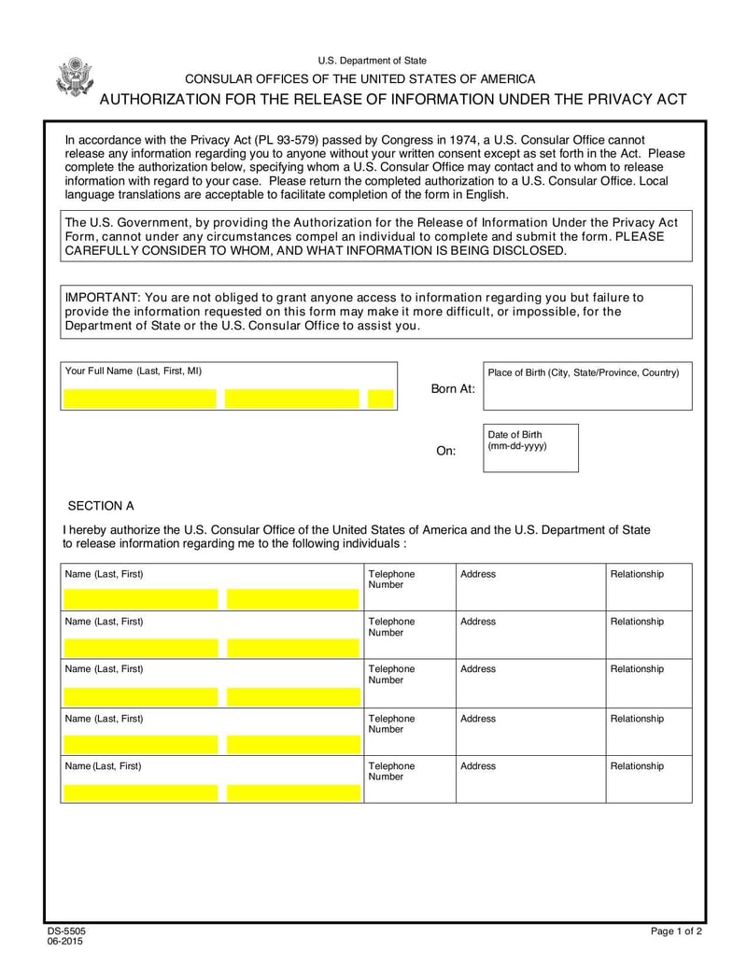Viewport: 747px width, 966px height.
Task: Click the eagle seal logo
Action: pos(74,77)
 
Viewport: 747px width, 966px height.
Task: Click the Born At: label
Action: pos(453,388)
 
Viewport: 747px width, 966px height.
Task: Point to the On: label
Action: pos(446,451)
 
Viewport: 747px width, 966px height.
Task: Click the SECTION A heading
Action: pos(101,506)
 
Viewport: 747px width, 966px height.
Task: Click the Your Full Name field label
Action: pos(134,371)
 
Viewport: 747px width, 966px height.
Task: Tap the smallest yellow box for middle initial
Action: pos(381,399)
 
